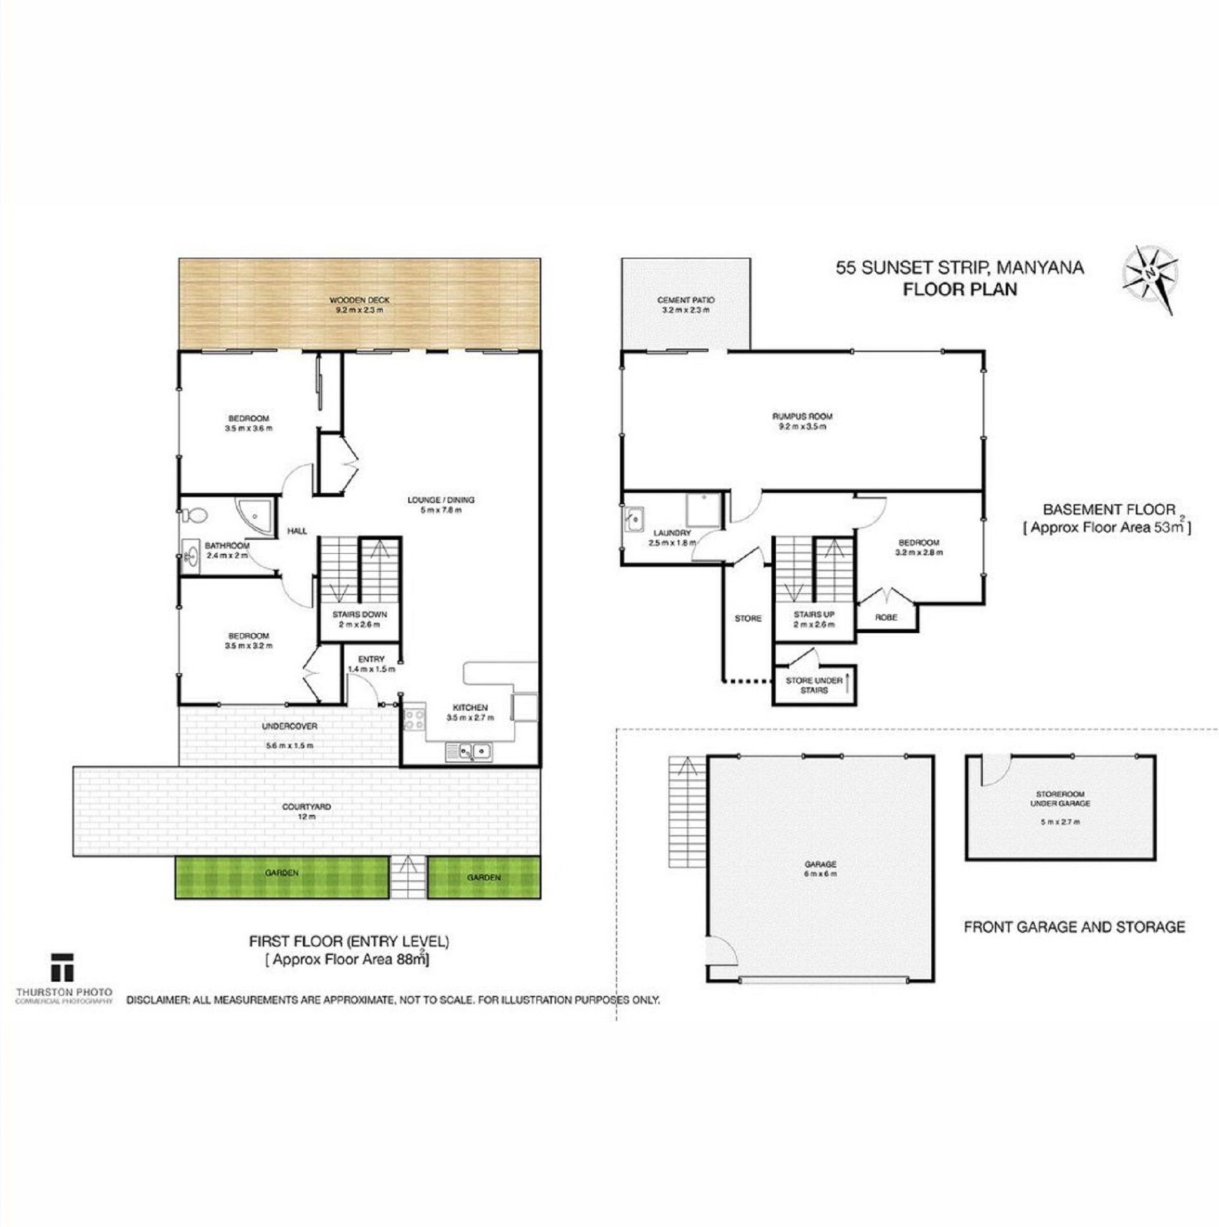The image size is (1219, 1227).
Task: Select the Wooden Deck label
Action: click(x=359, y=305)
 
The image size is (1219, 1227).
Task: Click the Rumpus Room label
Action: click(x=802, y=422)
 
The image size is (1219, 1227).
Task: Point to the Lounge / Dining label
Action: click(x=441, y=505)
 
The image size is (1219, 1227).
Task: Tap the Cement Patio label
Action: click(x=686, y=305)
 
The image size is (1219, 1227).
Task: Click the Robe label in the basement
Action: click(x=886, y=617)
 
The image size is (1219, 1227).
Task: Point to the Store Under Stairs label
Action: click(x=814, y=685)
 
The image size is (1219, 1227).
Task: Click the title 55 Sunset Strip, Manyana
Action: click(x=960, y=267)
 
